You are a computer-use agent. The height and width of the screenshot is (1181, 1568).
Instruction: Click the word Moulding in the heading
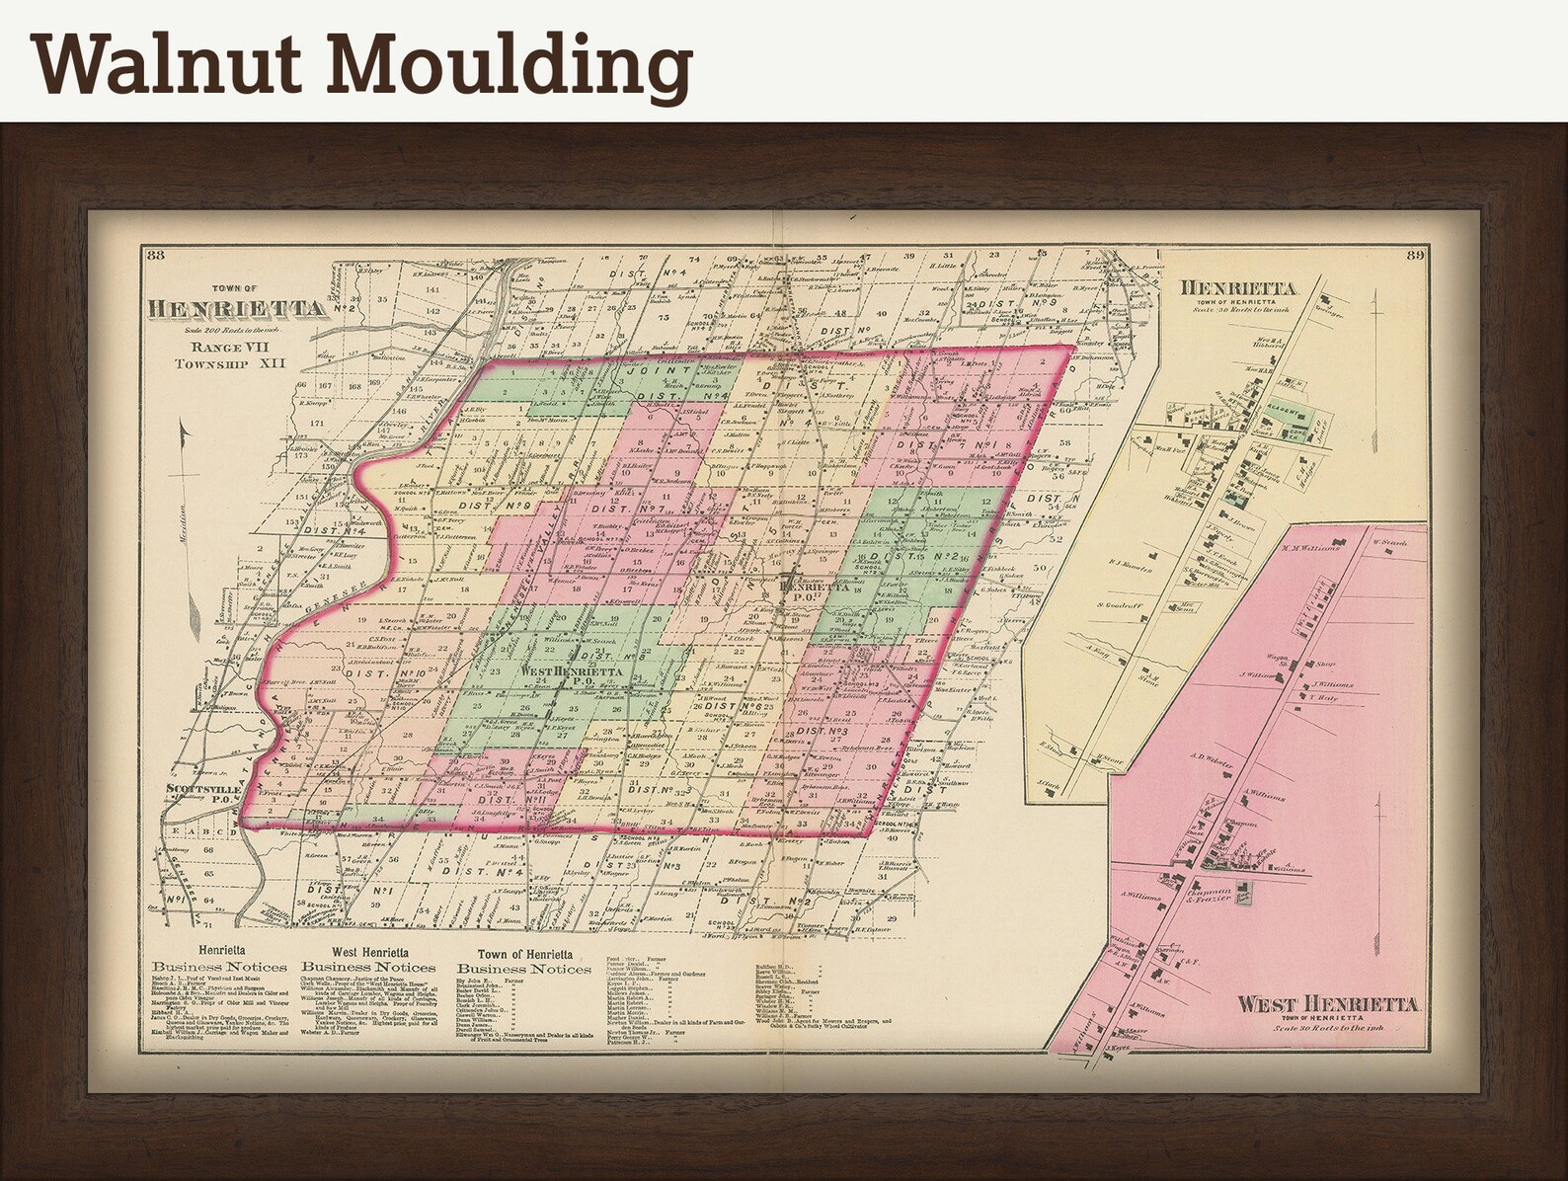click(507, 65)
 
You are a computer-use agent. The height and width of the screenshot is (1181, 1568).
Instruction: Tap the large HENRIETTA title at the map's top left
click(237, 308)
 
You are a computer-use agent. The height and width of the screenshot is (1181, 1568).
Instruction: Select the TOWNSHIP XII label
click(229, 363)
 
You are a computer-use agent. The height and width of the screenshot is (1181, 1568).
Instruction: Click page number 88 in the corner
click(154, 258)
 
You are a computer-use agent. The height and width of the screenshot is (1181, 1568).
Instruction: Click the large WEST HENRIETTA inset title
click(1328, 1004)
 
